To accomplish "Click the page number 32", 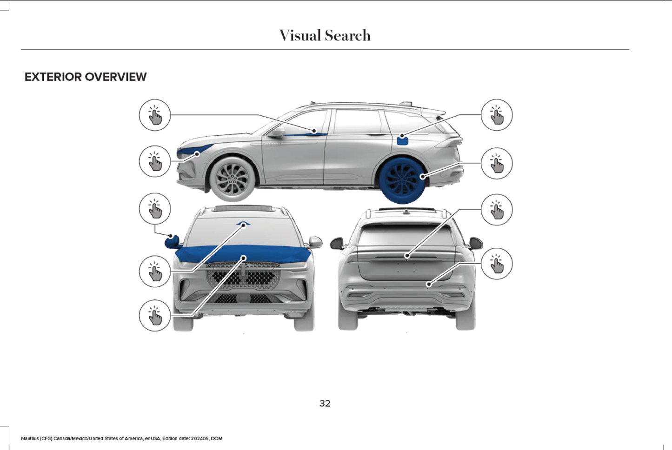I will (325, 404).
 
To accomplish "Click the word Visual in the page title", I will (299, 35).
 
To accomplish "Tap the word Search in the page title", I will (348, 35).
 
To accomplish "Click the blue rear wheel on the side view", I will (402, 179).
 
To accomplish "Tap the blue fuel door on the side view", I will (402, 139).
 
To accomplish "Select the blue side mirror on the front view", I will (172, 241).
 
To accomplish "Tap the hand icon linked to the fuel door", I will (497, 115).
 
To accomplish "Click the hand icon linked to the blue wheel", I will (497, 163).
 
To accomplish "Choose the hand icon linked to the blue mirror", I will (155, 209).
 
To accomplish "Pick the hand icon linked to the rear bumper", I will (497, 264).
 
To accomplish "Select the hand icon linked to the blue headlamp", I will (155, 161).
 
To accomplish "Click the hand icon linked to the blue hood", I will (155, 316).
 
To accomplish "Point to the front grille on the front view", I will (243, 277).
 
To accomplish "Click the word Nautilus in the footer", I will (30, 438).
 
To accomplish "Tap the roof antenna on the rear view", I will (406, 212).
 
